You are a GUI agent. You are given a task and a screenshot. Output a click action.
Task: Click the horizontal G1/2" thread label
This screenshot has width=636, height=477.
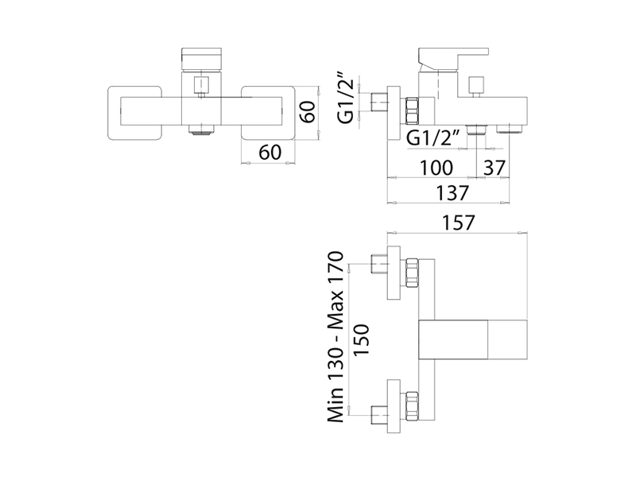434,138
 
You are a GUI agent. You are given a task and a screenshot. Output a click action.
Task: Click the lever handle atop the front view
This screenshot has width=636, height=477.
200,60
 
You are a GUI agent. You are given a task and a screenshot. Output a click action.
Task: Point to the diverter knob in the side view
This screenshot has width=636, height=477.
477,86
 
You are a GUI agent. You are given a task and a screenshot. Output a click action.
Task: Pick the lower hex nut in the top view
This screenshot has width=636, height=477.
413,405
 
